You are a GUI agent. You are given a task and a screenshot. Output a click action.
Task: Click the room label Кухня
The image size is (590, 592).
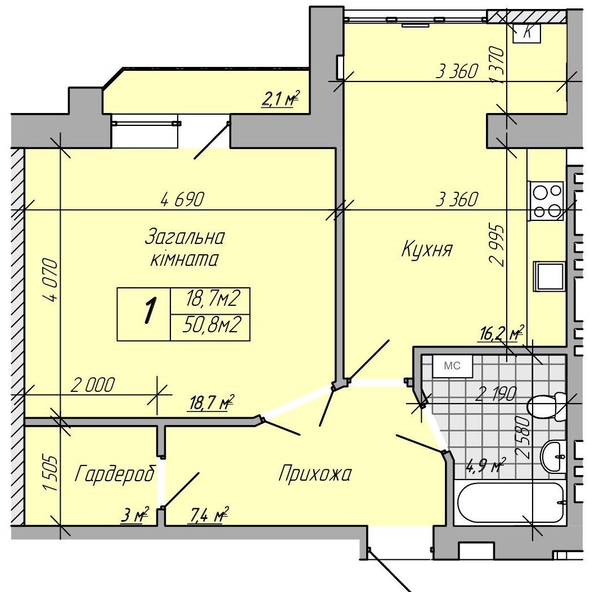pos(426,250)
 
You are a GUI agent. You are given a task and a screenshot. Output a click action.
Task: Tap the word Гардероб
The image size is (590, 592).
pos(115,473)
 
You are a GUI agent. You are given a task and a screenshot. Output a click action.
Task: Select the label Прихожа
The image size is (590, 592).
pos(315,473)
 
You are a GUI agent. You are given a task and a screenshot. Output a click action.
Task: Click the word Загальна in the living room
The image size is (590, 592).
pos(184,237)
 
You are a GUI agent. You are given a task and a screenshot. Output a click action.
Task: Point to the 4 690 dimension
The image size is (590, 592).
pos(182,199)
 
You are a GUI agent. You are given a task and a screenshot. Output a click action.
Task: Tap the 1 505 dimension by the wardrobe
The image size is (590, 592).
pos(51,473)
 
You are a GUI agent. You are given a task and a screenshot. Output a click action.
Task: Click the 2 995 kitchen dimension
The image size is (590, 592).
pos(496,246)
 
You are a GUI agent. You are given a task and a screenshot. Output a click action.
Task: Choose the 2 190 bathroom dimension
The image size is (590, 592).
pos(496,394)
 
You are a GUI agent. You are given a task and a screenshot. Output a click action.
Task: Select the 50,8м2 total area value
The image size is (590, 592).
pos(211,324)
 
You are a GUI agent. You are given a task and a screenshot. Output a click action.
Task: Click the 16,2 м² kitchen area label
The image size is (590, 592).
pos(501,333)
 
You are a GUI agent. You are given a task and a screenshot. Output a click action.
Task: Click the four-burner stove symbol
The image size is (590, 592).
pos(546,201)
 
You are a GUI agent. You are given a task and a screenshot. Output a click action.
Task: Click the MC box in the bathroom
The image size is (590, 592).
pos(452,365)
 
